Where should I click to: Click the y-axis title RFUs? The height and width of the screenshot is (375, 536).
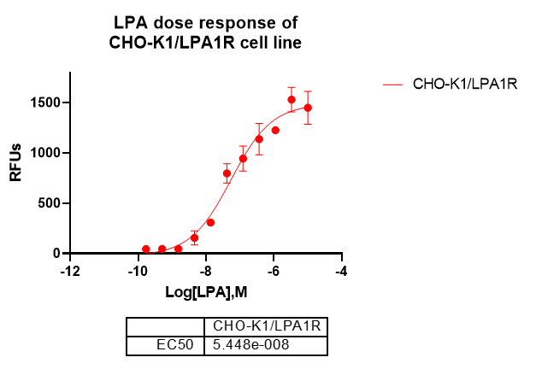16,162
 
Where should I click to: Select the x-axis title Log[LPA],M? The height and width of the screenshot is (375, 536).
206,293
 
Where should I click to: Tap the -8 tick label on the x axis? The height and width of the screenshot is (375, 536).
205,271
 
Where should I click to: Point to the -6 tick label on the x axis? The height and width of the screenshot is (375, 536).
273,271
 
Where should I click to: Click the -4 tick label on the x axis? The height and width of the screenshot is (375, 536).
341,271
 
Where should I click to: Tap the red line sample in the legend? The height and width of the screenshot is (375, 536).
392,84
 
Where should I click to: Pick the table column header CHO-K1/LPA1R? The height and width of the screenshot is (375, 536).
265,326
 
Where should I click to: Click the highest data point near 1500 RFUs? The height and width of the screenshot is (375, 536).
292,100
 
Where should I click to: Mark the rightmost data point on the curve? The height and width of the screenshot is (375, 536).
308,108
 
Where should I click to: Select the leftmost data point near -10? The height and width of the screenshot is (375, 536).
145,249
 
